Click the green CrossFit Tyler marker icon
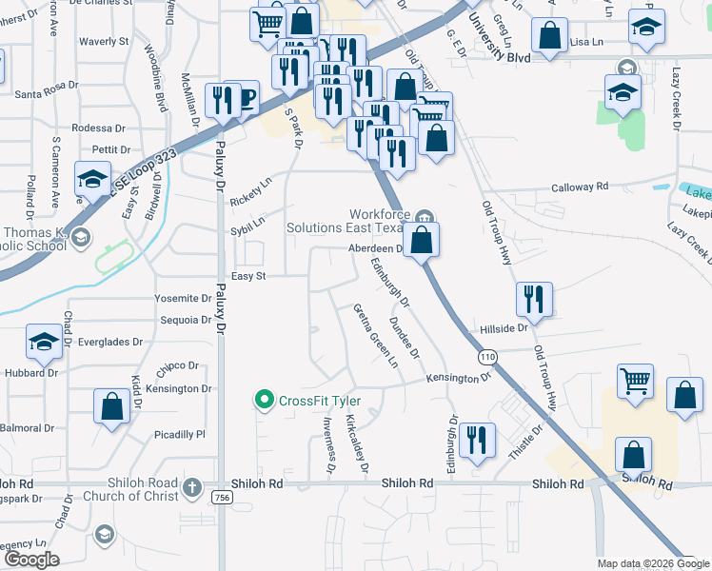(266, 400)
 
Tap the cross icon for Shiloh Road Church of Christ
(192, 488)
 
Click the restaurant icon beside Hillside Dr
(533, 299)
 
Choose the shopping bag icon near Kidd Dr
(111, 404)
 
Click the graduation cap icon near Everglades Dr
(44, 343)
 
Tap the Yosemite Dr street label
(183, 298)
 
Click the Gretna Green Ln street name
(374, 335)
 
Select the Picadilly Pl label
(179, 434)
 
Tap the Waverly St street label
(104, 42)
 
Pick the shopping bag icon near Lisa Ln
(550, 36)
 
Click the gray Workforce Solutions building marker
(425, 215)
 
